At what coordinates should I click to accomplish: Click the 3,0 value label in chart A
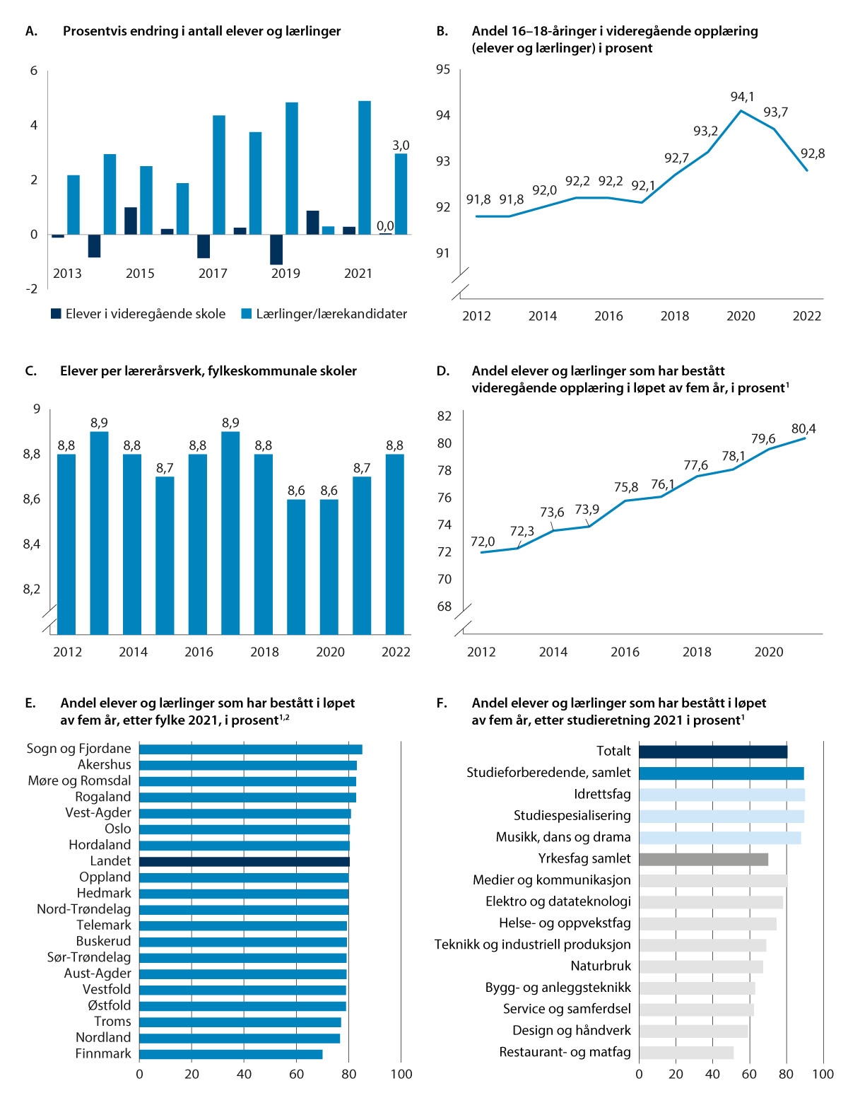click(x=401, y=145)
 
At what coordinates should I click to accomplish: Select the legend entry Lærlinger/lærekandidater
click(x=324, y=314)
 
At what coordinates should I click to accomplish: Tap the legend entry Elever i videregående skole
click(x=138, y=314)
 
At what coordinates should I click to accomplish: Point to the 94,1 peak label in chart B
click(x=742, y=96)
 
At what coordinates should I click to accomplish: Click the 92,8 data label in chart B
click(x=813, y=153)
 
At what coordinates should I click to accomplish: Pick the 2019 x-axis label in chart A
click(x=285, y=274)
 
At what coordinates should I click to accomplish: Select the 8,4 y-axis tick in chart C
click(x=32, y=544)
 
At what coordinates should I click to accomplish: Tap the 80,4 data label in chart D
click(x=803, y=428)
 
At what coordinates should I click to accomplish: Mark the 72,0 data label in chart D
click(x=483, y=542)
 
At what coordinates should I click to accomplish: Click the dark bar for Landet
click(x=244, y=861)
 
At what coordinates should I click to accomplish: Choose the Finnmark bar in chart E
click(x=230, y=1054)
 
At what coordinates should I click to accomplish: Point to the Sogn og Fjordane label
click(x=78, y=749)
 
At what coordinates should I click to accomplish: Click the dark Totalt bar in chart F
click(x=712, y=752)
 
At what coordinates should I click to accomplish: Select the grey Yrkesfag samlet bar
click(x=703, y=859)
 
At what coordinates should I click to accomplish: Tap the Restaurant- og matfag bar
click(x=686, y=1052)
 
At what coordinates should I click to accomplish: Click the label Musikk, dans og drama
click(x=563, y=837)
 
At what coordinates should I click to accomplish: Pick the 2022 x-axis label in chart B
click(x=806, y=316)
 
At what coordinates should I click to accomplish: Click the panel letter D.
click(x=442, y=371)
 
